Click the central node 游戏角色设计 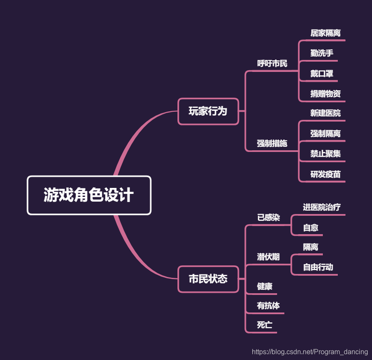tap(89, 195)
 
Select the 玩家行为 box tap(208, 111)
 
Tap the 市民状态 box tap(208, 279)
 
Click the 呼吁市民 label tap(272, 64)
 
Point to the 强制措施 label tap(272, 143)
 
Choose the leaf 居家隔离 tap(325, 33)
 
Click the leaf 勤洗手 tap(322, 54)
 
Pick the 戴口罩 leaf tap(322, 74)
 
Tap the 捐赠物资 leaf tap(325, 94)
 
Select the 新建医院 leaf tap(325, 113)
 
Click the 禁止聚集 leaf tap(325, 154)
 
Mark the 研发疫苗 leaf tap(325, 174)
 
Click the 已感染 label tap(268, 218)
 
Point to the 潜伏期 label tap(268, 257)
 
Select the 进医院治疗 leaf tap(322, 207)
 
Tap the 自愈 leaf tap(310, 228)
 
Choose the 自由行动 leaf tap(318, 267)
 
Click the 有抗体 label tap(268, 306)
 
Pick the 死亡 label tap(264, 325)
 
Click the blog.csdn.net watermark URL tap(310, 352)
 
